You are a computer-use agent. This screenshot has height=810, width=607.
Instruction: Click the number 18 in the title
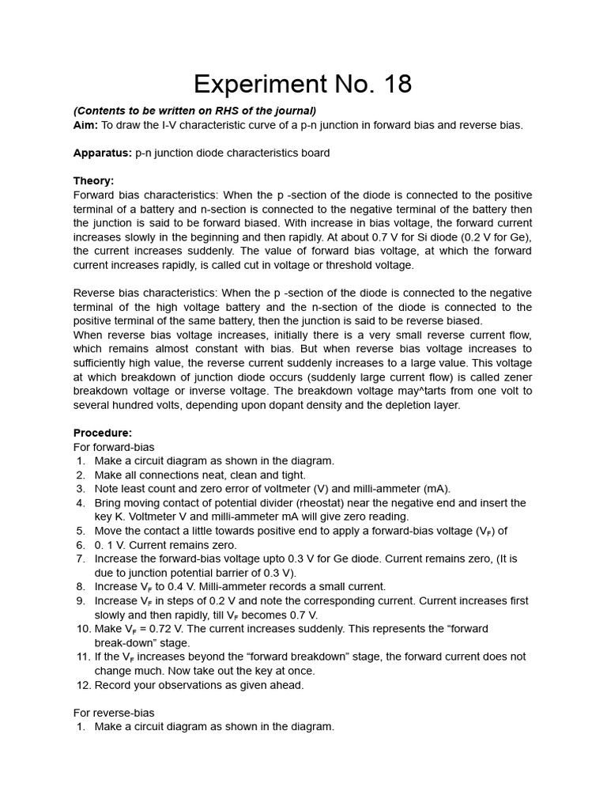click(393, 85)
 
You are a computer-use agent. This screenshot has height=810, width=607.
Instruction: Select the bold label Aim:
click(86, 125)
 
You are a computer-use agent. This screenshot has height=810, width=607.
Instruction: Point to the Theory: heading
click(93, 180)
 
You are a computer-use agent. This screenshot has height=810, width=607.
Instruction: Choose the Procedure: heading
click(103, 433)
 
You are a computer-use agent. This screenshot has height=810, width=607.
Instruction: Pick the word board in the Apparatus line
click(314, 153)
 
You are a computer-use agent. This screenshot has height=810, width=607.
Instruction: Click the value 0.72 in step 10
click(168, 629)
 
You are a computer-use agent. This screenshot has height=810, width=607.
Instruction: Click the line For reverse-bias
click(114, 713)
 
